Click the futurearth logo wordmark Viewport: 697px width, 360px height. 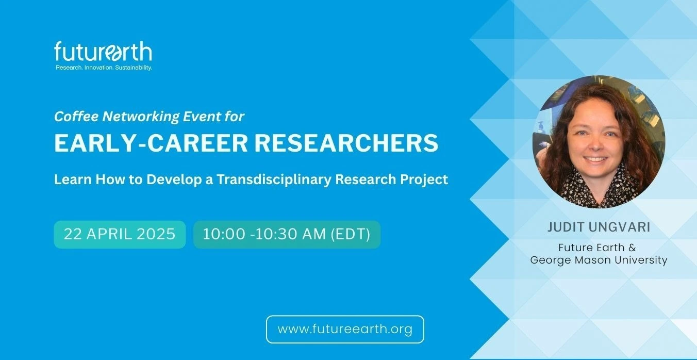click(103, 52)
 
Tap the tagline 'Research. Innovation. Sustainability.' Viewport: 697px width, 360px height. click(104, 68)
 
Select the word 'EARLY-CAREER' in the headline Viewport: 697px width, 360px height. click(151, 143)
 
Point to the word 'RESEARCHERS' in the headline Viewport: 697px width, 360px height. click(346, 143)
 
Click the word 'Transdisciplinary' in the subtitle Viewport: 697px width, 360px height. click(274, 179)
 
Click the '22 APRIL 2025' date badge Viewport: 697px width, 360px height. click(120, 235)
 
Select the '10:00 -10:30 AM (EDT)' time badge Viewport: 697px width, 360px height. click(287, 235)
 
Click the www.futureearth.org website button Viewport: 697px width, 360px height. click(345, 329)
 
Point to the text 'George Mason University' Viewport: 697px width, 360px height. click(599, 260)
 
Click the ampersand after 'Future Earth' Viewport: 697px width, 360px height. click(632, 248)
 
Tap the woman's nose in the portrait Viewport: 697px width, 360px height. click(594, 144)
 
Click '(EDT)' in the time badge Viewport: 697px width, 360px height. click(351, 234)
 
